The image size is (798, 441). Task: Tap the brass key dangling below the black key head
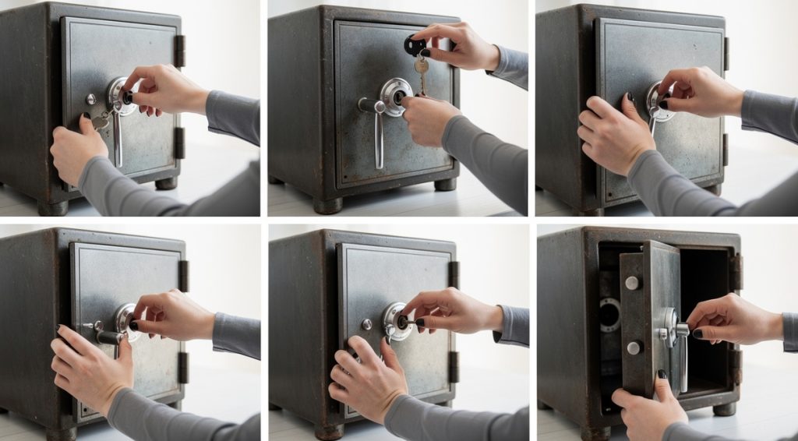[422, 74]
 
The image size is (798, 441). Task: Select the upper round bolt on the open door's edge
[631, 283]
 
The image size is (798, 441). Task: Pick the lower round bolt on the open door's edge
[634, 348]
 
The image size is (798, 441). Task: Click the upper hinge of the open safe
[735, 270]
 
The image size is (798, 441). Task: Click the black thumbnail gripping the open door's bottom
[662, 375]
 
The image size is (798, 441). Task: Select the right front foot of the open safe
[724, 408]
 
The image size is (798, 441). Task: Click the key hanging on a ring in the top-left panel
[100, 122]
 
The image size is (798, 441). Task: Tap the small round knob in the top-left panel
[91, 99]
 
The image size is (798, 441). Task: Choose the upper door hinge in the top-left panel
[179, 51]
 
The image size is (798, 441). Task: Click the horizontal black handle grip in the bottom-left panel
[109, 337]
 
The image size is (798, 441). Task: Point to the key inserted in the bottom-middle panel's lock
[407, 321]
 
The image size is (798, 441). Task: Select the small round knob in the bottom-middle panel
[366, 324]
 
